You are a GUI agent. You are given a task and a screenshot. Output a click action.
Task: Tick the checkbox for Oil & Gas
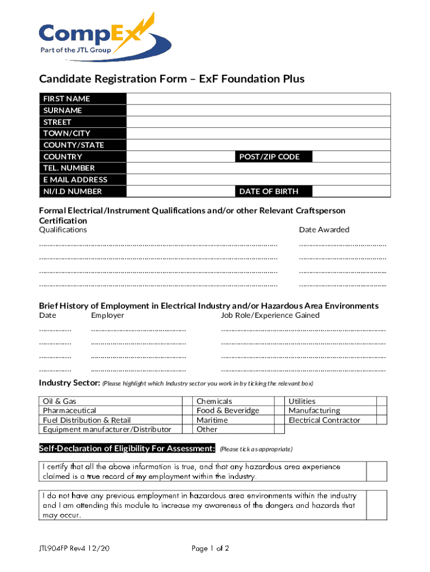187,401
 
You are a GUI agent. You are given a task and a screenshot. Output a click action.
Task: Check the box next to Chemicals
279,401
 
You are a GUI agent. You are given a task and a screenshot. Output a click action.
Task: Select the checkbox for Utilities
381,401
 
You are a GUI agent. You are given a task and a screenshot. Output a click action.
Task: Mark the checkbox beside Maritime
279,420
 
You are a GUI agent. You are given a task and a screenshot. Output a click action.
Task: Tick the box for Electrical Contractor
381,420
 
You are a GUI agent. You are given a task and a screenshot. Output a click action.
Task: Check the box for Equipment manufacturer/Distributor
187,430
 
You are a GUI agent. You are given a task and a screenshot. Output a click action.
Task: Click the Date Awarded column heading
324,230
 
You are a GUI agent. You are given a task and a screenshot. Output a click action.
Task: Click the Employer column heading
107,315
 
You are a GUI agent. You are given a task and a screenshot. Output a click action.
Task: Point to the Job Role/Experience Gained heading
270,315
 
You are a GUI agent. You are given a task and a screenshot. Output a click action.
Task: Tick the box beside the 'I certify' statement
376,471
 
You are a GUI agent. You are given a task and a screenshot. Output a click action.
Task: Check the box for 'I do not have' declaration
376,505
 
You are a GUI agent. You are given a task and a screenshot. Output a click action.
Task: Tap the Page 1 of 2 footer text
210,549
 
